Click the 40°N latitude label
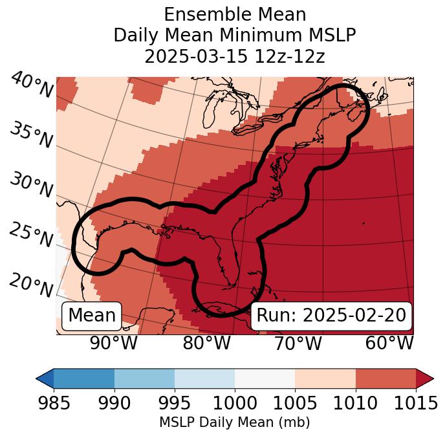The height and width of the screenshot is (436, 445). click(31, 86)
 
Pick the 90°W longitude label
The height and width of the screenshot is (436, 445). click(113, 343)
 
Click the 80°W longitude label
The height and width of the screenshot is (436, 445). click(206, 343)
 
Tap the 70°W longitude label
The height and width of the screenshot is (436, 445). click(298, 343)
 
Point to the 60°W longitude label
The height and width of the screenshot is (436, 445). click(389, 343)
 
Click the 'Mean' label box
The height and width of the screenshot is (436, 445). click(92, 316)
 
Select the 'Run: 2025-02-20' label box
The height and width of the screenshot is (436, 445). click(331, 316)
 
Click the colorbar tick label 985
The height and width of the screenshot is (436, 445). click(54, 403)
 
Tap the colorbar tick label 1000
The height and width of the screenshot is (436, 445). click(235, 403)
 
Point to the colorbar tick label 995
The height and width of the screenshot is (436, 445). click(175, 403)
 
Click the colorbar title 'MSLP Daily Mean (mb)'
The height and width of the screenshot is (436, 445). click(234, 422)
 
